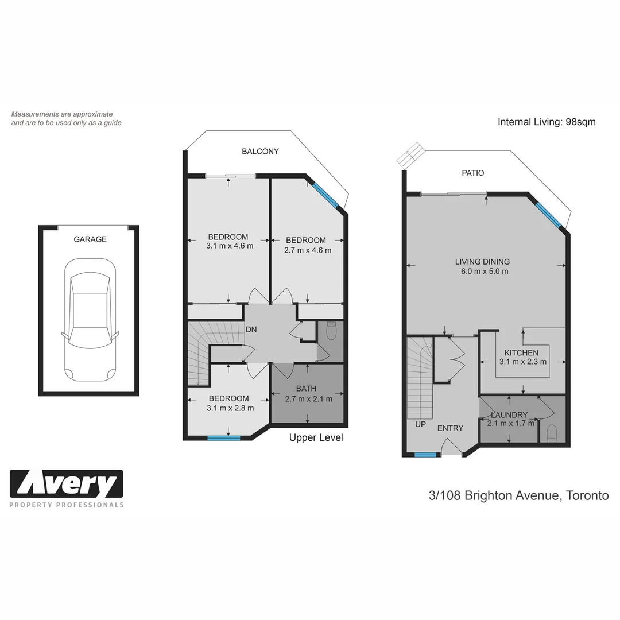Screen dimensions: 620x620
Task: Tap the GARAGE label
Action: pyautogui.click(x=90, y=239)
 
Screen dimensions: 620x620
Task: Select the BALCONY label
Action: pyautogui.click(x=260, y=152)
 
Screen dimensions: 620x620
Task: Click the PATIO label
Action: pyautogui.click(x=472, y=173)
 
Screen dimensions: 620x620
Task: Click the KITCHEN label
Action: pyautogui.click(x=521, y=352)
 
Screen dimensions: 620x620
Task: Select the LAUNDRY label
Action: pyautogui.click(x=509, y=415)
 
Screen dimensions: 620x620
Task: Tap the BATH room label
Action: pyautogui.click(x=306, y=389)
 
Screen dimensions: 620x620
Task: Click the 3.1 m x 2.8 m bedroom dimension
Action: pyautogui.click(x=228, y=408)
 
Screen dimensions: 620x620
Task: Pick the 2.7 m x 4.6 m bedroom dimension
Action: pyautogui.click(x=307, y=250)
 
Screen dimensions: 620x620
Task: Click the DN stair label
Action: pyautogui.click(x=251, y=330)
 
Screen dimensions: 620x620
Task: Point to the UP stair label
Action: pyautogui.click(x=420, y=425)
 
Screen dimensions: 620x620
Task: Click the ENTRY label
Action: pyautogui.click(x=450, y=428)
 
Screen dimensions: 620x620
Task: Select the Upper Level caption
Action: pyautogui.click(x=316, y=438)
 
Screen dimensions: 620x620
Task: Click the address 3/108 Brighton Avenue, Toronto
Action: pyautogui.click(x=518, y=495)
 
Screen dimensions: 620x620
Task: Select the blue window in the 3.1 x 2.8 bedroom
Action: pyautogui.click(x=224, y=439)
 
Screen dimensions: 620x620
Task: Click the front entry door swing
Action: pyautogui.click(x=452, y=447)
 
